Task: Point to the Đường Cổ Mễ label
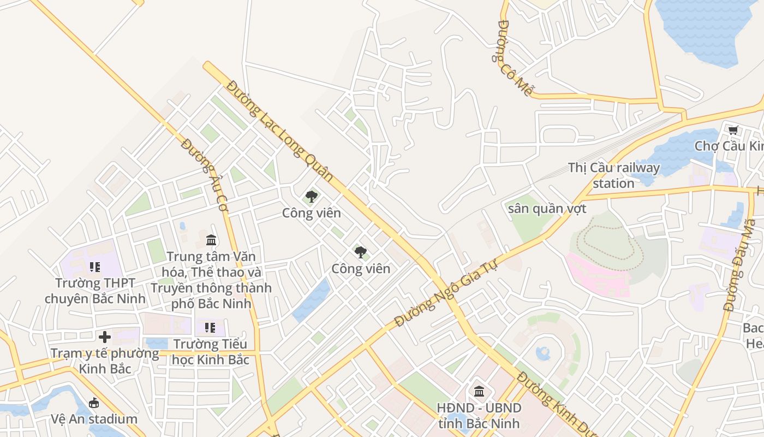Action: point(514,58)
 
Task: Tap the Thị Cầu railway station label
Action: point(613,175)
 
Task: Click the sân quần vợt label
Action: point(547,209)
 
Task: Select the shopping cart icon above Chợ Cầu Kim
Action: point(733,130)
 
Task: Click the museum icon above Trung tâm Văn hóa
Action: point(211,240)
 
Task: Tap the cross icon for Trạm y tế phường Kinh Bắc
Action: point(105,337)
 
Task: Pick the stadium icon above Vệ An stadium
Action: point(94,403)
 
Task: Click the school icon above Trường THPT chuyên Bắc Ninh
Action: point(95,267)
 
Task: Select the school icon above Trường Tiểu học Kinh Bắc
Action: point(210,328)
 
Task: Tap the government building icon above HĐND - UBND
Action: point(479,391)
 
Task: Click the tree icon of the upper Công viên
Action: point(311,197)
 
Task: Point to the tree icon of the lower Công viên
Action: point(361,252)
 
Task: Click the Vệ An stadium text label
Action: point(94,419)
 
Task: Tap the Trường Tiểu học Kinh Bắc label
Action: point(210,352)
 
